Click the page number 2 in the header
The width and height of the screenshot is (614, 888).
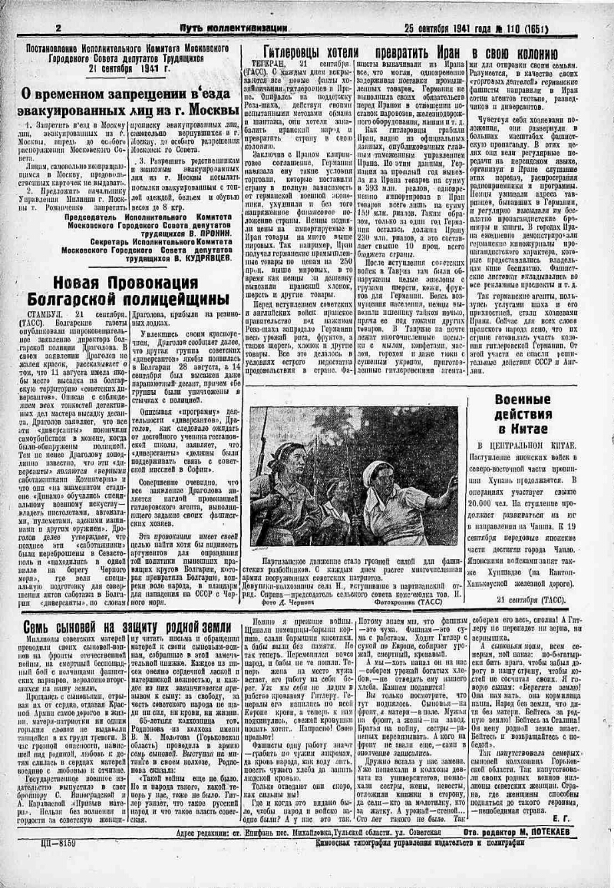point(59,28)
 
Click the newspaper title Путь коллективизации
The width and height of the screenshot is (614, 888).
point(223,28)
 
